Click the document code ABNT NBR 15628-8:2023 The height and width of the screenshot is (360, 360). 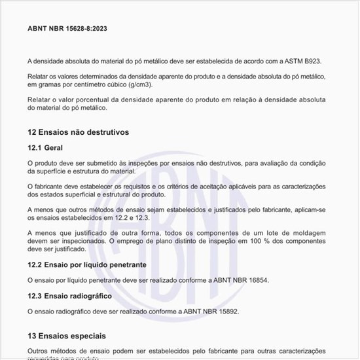68,28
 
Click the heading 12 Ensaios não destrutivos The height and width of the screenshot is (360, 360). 78,132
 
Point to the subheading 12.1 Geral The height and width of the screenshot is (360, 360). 45,148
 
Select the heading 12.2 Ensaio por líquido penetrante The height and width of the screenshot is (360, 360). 86,265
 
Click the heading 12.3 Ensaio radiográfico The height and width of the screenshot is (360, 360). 69,296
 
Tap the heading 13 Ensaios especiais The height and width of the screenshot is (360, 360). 66,336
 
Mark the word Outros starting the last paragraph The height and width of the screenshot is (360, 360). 39,351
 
